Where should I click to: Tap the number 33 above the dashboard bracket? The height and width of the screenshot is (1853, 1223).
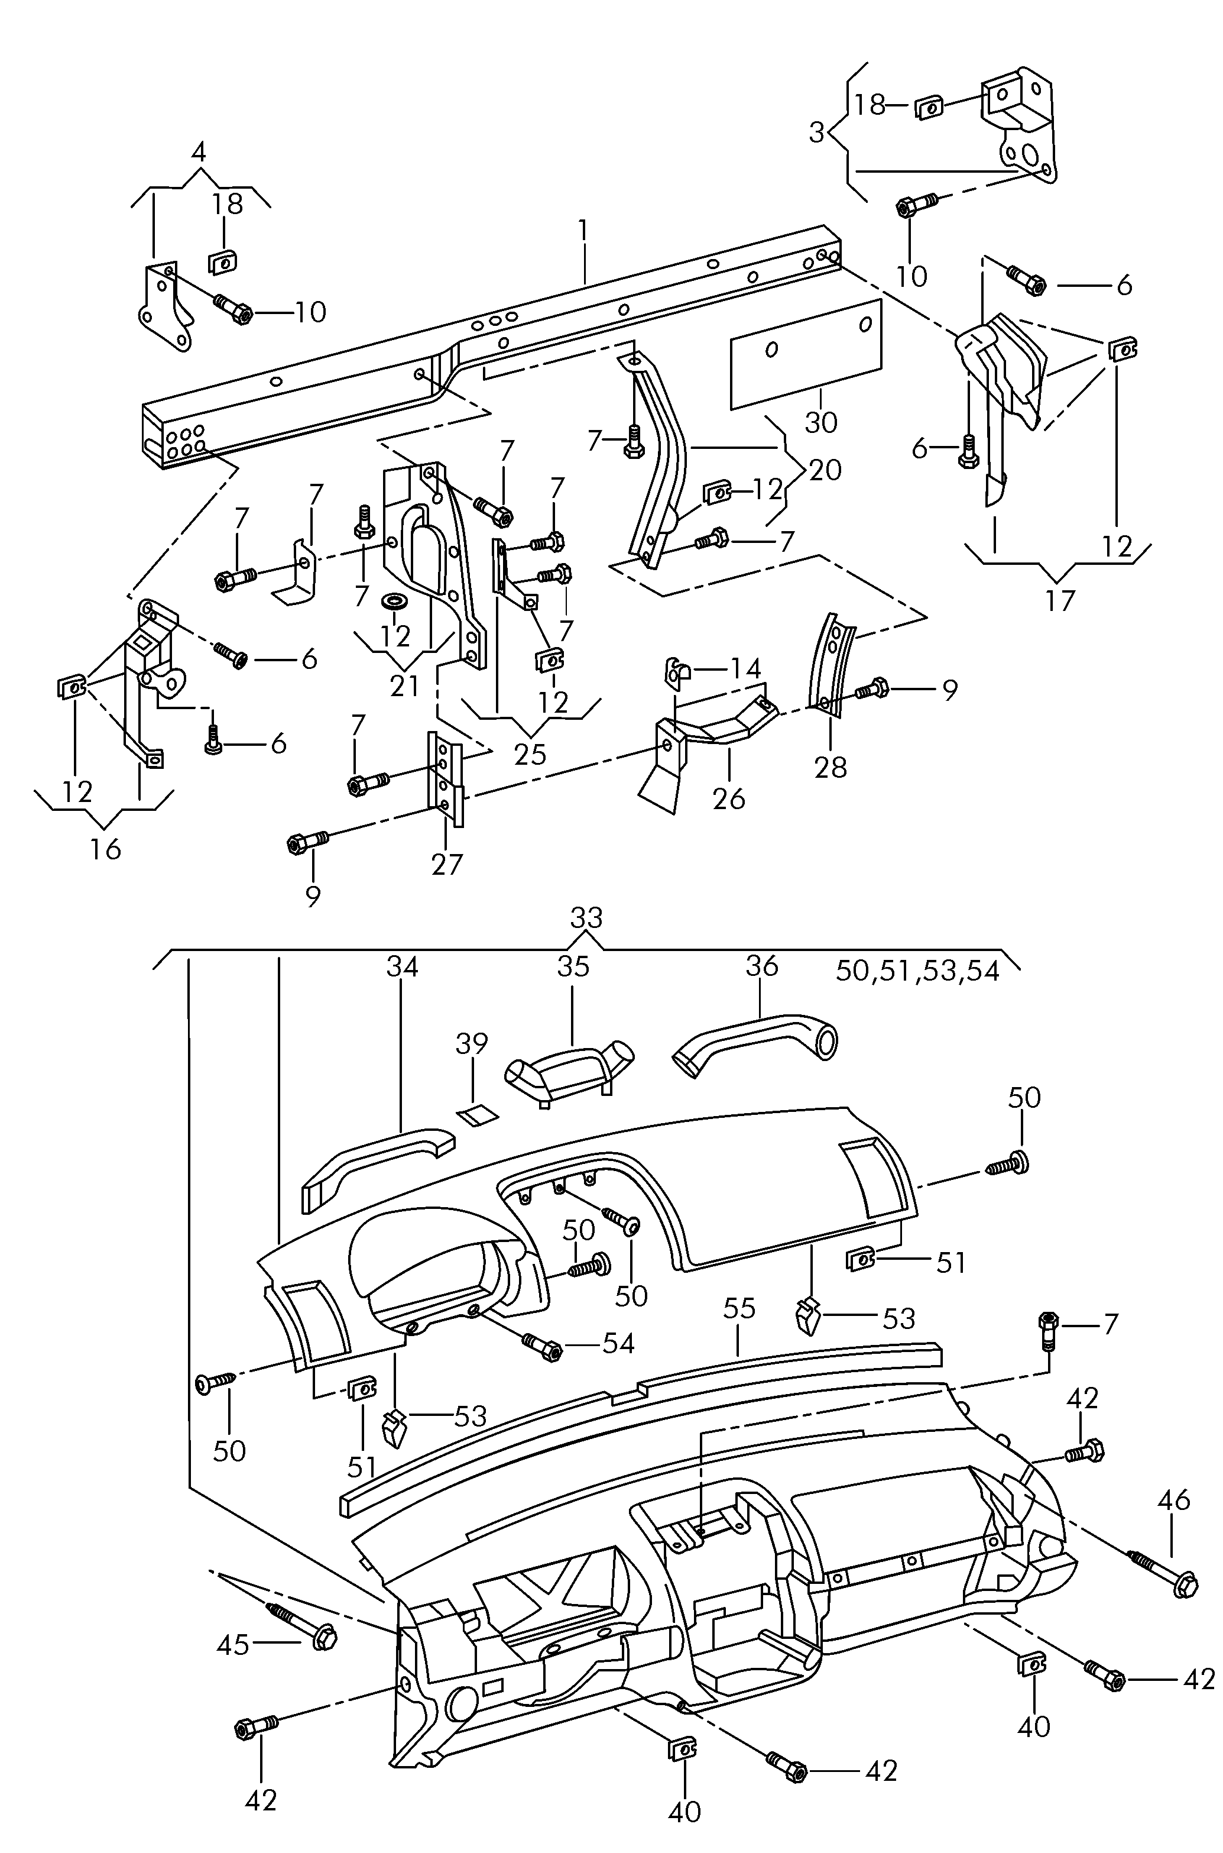[586, 919]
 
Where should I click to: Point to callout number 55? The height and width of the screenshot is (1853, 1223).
[739, 1308]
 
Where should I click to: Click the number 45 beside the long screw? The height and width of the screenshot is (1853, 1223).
[233, 1645]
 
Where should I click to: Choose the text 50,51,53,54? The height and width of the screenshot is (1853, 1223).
[917, 971]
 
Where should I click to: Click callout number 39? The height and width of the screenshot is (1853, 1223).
[472, 1043]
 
